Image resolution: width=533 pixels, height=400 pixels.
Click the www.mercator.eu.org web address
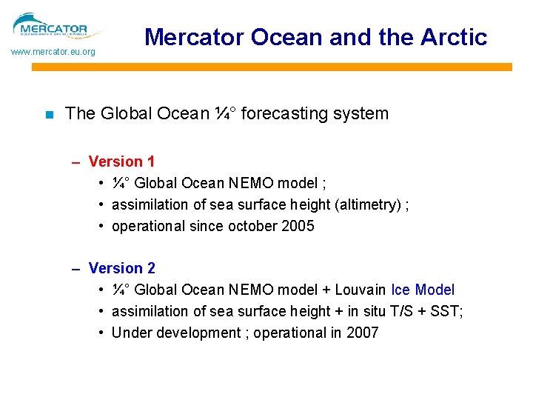tap(53, 53)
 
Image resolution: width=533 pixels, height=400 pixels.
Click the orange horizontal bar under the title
tap(271, 67)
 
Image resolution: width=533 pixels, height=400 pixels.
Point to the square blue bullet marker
tap(49, 115)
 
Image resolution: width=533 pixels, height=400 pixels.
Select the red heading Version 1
tap(121, 161)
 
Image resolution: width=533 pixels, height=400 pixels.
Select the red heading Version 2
tap(121, 268)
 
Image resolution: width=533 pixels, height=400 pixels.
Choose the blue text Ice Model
tap(423, 290)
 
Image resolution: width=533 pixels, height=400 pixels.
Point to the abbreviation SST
tap(447, 311)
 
